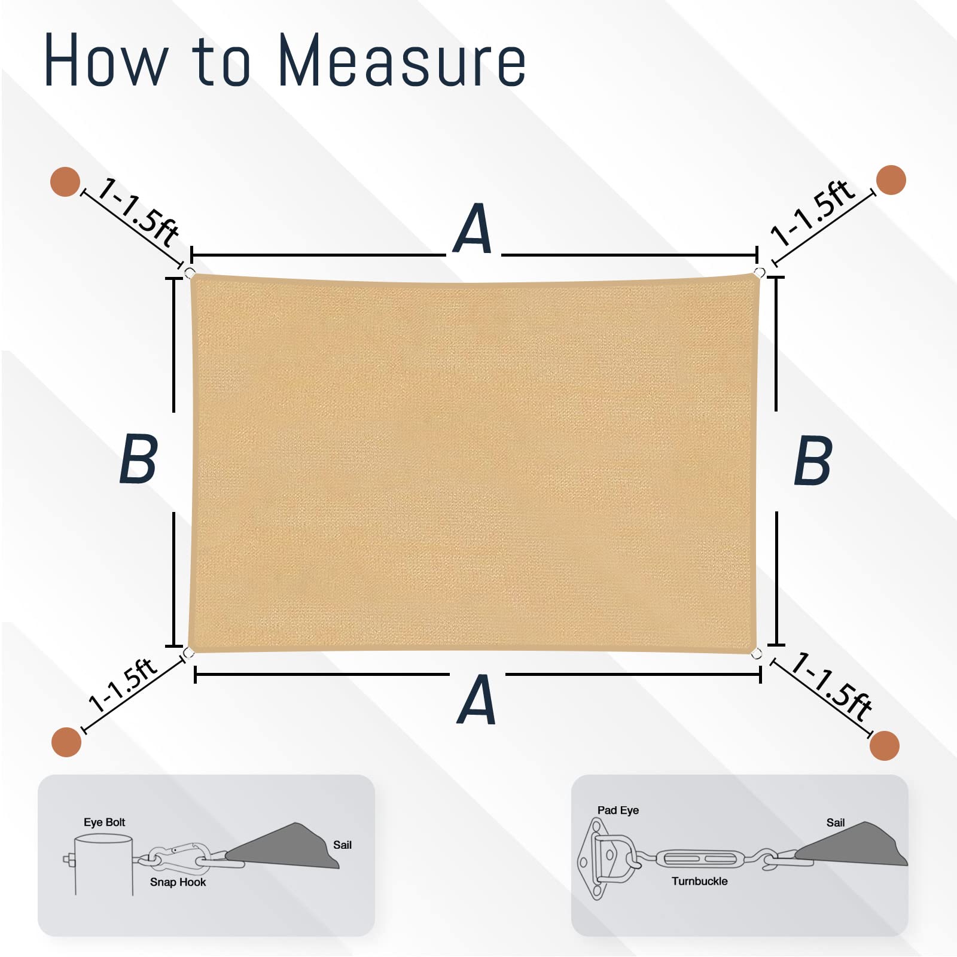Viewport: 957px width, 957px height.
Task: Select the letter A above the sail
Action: [x=473, y=228]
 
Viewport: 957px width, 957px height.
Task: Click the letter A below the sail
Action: [x=477, y=699]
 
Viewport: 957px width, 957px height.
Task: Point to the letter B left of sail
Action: [x=139, y=459]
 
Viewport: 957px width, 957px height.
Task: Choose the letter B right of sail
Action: [x=813, y=460]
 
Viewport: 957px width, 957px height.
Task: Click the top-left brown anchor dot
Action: [x=65, y=182]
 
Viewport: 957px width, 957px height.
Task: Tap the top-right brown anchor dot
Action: [x=891, y=180]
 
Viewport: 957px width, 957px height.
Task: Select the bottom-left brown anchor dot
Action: [x=66, y=742]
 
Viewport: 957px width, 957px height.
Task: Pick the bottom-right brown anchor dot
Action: [x=885, y=745]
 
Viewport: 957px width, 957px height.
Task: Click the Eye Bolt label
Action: [x=105, y=822]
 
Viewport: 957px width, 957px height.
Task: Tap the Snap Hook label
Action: [x=178, y=882]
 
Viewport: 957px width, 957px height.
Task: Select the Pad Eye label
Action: [x=618, y=810]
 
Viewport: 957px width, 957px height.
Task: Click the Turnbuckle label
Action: [x=700, y=881]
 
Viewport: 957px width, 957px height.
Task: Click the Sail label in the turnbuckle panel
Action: [x=836, y=822]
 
